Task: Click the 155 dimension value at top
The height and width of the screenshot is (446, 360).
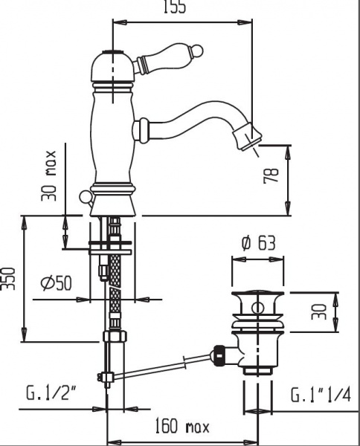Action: click(x=175, y=7)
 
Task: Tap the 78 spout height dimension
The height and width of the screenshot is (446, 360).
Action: click(x=271, y=175)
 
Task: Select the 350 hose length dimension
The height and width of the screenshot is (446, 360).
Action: click(x=8, y=279)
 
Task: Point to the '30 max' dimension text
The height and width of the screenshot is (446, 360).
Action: click(x=48, y=175)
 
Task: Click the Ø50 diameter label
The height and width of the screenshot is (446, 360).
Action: click(x=57, y=283)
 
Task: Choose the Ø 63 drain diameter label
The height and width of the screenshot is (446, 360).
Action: click(x=258, y=244)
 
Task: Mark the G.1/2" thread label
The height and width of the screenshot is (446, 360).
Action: click(x=51, y=393)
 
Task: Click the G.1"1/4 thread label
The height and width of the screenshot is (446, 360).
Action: click(x=321, y=395)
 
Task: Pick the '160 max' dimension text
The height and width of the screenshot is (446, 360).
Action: click(x=182, y=426)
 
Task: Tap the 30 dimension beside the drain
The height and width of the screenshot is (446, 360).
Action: click(x=318, y=311)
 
